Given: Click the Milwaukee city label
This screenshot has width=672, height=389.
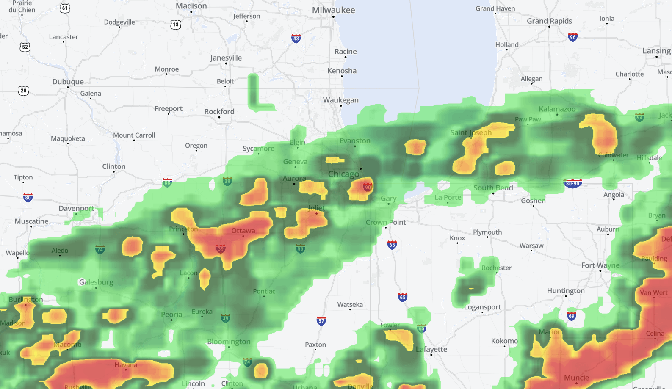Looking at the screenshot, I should click(x=333, y=10).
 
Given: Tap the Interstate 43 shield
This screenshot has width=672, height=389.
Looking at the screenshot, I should click(x=296, y=39).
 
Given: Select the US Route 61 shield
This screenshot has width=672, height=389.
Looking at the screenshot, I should click(x=65, y=8).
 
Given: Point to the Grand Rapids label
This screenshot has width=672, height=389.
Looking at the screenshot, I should click(x=549, y=21).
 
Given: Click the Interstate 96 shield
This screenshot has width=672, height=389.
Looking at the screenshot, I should click(x=572, y=37).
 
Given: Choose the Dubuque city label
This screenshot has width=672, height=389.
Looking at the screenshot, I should click(x=68, y=82).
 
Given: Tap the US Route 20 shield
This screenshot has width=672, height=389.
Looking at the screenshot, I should click(x=24, y=90).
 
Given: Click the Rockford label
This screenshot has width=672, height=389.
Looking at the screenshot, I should click(x=219, y=111).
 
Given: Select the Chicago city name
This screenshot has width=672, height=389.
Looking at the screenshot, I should click(x=343, y=174).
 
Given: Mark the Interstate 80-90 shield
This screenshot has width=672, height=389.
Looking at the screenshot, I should click(x=572, y=183).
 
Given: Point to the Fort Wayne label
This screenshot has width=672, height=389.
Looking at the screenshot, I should click(x=600, y=265).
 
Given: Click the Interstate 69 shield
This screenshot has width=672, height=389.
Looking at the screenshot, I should click(x=572, y=316).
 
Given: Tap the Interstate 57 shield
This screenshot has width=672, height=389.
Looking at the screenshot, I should click(x=321, y=321).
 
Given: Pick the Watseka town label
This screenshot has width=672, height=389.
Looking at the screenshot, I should click(x=350, y=304).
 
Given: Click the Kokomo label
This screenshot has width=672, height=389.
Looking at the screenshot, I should click(x=504, y=341).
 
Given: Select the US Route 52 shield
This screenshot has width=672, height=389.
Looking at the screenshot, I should click(x=25, y=47).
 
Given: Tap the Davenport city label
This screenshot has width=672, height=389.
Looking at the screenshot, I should click(x=76, y=208).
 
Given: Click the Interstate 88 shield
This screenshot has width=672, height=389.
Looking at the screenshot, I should click(x=167, y=182).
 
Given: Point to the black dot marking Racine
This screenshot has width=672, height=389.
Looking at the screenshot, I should click(x=346, y=57).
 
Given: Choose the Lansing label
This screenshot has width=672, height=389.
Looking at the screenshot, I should click(x=656, y=51).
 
